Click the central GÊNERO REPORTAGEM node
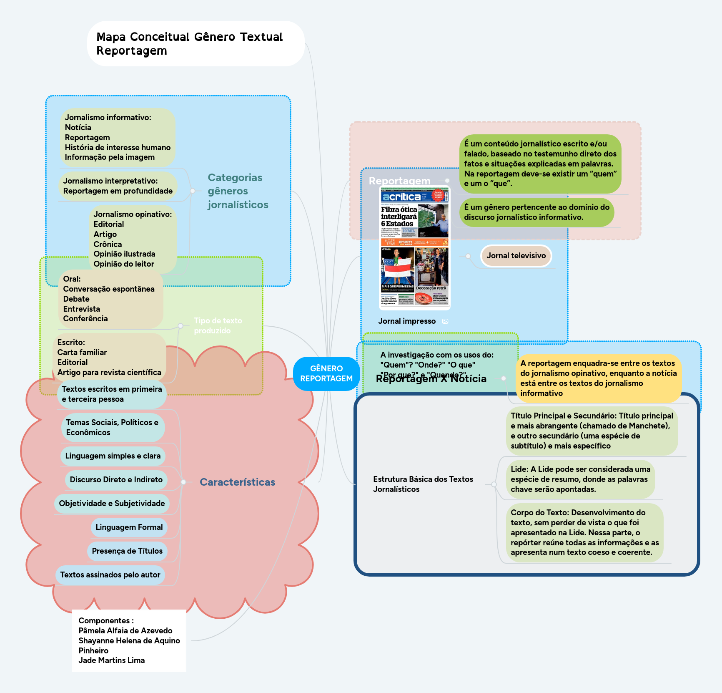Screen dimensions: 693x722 (x=326, y=373)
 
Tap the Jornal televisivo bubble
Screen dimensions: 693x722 (x=516, y=256)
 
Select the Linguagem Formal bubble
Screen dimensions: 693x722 (x=129, y=527)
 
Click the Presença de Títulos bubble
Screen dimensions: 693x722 (x=127, y=551)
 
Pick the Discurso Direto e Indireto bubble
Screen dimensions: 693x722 (x=116, y=480)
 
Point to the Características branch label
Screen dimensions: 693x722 (x=237, y=482)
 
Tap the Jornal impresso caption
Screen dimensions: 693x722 (x=407, y=321)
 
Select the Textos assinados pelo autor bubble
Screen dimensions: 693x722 (x=110, y=575)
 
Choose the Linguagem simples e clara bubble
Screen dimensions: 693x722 (x=113, y=456)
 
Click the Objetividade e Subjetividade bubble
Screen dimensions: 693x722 (x=112, y=504)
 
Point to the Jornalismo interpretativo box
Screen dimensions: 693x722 (x=118, y=186)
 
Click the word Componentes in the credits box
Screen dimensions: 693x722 (x=104, y=621)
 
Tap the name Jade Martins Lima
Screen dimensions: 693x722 (x=112, y=660)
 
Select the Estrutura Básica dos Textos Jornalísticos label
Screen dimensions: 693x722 (x=423, y=484)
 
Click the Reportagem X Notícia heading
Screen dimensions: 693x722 (x=431, y=379)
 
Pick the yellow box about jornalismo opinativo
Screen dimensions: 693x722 (x=598, y=378)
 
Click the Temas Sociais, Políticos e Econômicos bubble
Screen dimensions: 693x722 (x=112, y=428)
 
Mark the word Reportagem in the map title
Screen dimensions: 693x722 (x=132, y=51)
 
